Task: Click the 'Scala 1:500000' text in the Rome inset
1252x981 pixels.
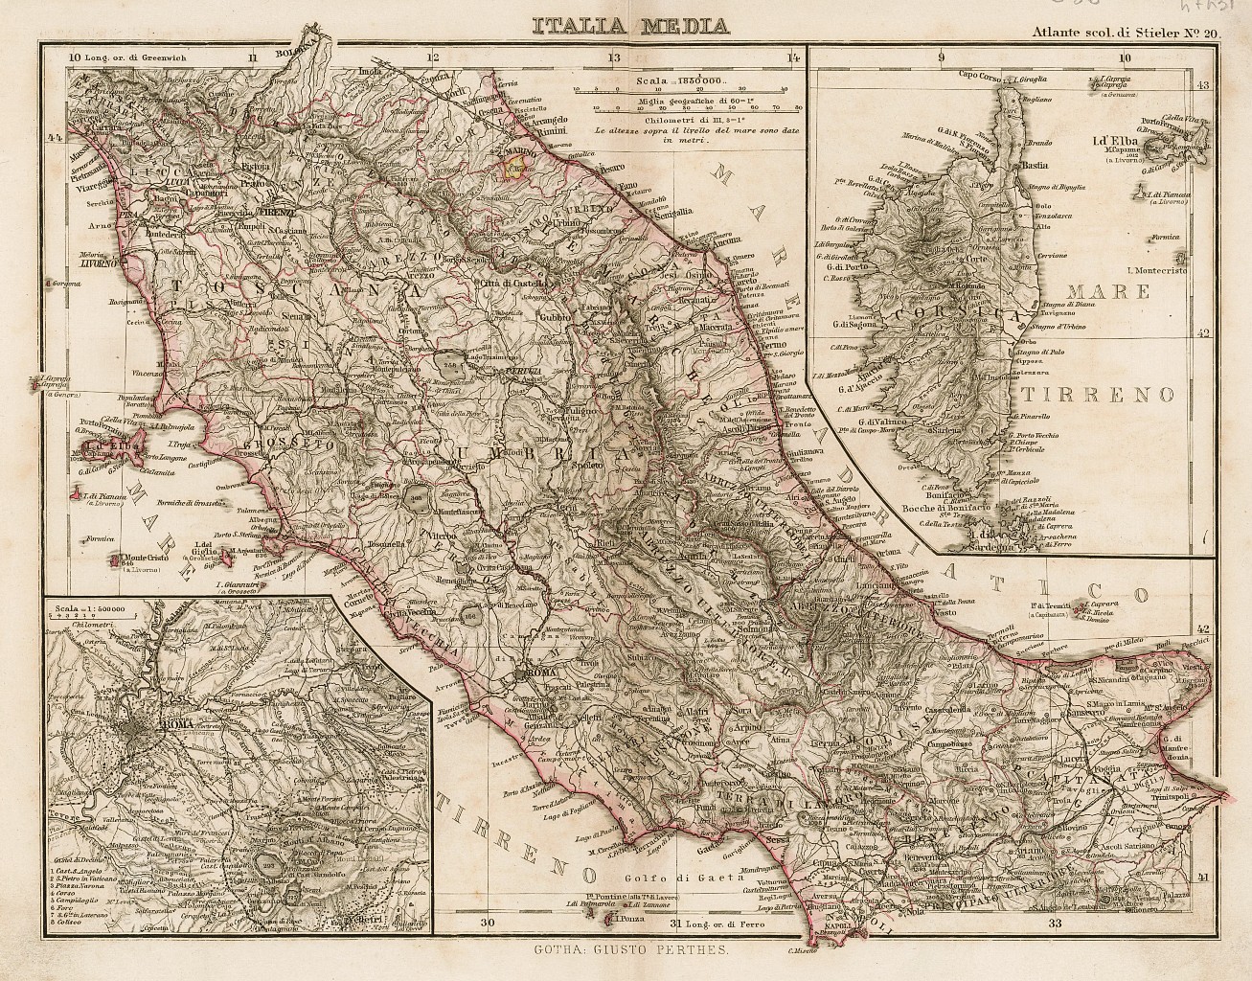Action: point(95,605)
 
